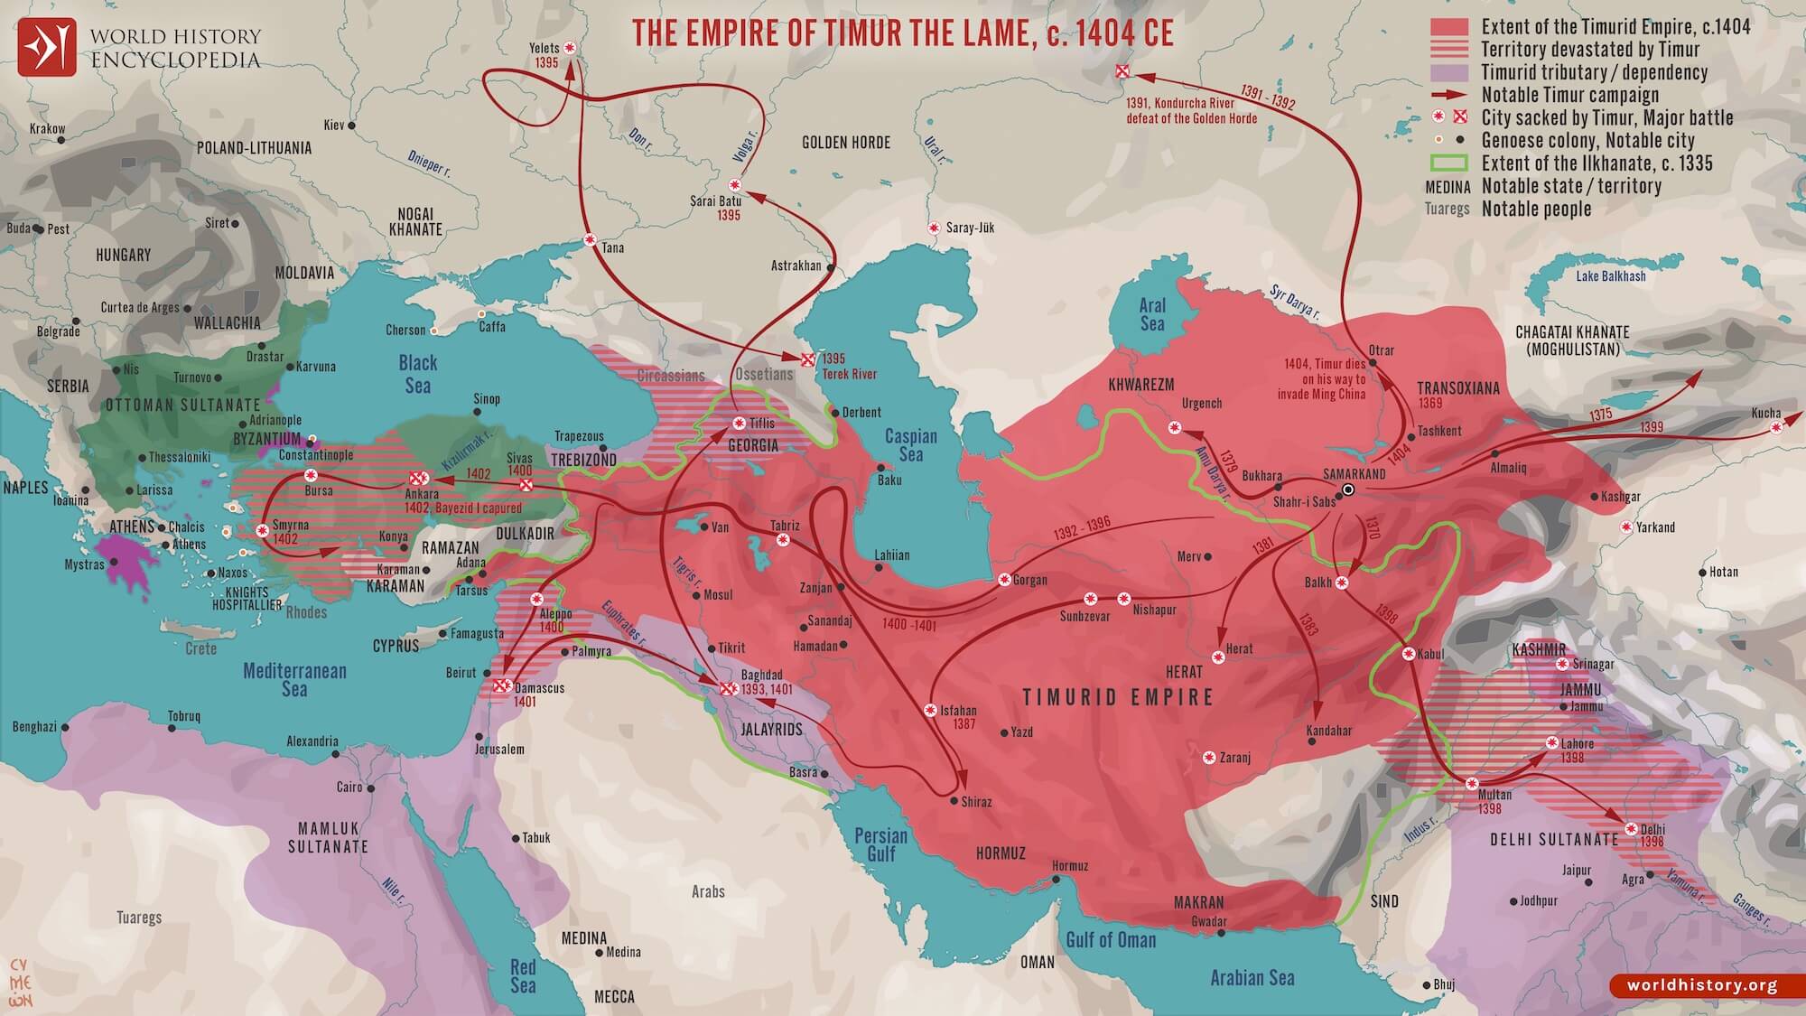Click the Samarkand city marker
tap(1348, 489)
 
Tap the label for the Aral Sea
tap(1152, 314)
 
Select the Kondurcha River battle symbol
tap(1122, 70)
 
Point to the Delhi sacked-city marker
tap(1631, 828)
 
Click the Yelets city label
tap(544, 48)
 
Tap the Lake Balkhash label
tap(1611, 276)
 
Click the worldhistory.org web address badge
tap(1701, 985)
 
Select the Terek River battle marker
tap(808, 359)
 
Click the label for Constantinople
tap(315, 455)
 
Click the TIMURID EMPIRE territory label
tap(1118, 697)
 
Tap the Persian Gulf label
tap(880, 844)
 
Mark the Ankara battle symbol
tap(417, 478)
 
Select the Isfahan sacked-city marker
tap(929, 710)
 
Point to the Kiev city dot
tap(352, 126)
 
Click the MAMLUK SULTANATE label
tap(328, 837)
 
